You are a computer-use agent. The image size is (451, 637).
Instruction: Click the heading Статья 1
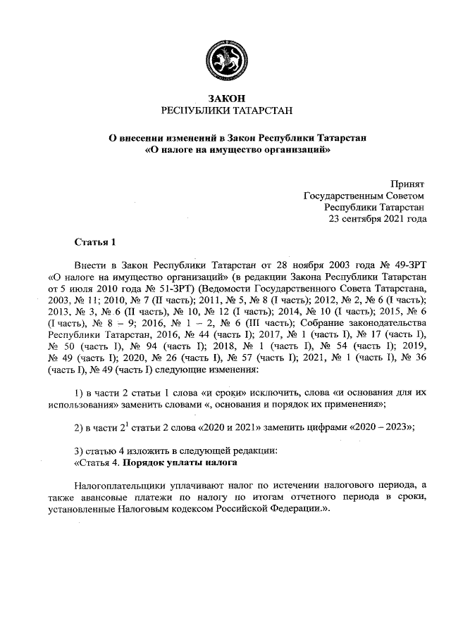point(94,243)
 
